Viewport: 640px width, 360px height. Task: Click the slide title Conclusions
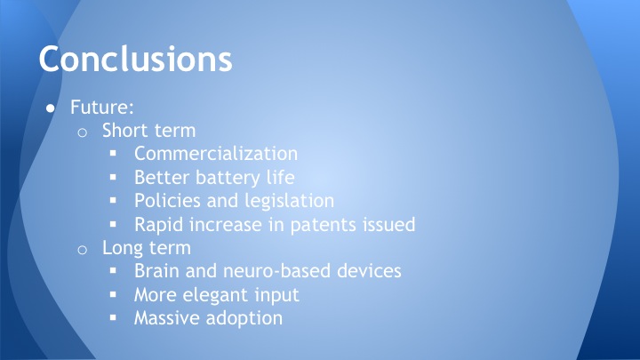135,58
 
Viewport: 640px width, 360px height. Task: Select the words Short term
148,131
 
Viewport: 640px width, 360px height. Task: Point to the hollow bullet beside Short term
82,132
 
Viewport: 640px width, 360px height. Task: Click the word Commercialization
215,154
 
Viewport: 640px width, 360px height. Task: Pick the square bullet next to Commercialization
114,154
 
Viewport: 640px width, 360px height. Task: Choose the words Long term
147,247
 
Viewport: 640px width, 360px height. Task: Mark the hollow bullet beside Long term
82,248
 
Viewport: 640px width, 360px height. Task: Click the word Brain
157,270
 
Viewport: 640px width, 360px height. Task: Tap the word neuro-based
280,270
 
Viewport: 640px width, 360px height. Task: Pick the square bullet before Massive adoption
114,317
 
